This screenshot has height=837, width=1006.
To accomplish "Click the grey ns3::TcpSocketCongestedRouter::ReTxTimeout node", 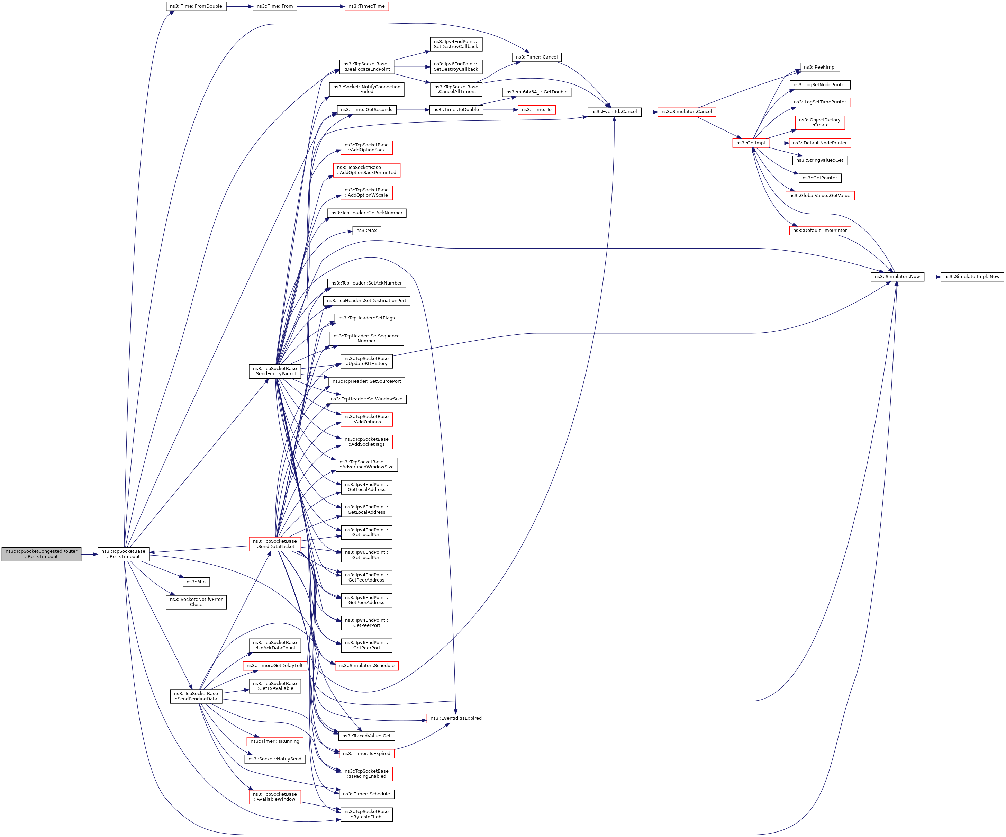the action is [41, 554].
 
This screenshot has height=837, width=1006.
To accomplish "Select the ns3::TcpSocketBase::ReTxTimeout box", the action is [124, 554].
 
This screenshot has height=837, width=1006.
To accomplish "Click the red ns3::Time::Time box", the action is [366, 6].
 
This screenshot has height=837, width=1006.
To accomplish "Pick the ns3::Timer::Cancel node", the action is [536, 57].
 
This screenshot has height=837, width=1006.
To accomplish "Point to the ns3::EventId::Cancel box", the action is [614, 111].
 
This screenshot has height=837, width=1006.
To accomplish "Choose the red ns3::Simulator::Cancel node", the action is [687, 111].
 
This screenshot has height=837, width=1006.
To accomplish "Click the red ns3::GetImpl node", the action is [751, 143].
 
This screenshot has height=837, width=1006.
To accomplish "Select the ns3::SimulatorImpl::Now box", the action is [972, 277].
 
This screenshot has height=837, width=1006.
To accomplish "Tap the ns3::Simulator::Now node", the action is [897, 277].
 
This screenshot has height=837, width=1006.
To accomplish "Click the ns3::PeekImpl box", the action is [820, 67].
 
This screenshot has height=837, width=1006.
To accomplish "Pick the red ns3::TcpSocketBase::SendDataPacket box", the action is [275, 544].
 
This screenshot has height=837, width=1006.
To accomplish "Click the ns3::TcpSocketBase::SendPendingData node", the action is [196, 696].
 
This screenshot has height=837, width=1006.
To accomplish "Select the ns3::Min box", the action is [196, 582].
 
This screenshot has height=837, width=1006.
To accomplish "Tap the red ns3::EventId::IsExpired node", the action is [456, 718].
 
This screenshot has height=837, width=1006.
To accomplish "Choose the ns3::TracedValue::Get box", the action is [366, 736].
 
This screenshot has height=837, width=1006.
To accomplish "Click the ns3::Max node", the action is [366, 231].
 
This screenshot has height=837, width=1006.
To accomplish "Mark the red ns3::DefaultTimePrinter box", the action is [820, 231].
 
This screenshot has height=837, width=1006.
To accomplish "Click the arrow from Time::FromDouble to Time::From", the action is [239, 6].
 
